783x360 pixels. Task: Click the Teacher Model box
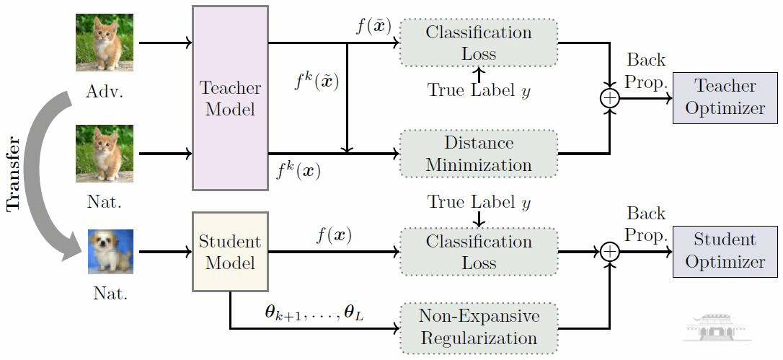[230, 98]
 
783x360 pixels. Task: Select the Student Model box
[230, 252]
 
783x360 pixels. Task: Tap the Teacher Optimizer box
[725, 97]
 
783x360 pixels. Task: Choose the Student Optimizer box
[725, 250]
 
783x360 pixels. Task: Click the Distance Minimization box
[479, 153]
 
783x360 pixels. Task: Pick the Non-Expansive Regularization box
[479, 328]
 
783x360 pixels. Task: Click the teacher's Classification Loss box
[479, 43]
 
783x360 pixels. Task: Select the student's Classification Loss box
[479, 252]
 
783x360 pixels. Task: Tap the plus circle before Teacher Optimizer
[610, 98]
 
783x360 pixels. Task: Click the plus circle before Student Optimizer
[610, 251]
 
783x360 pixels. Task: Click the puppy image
[110, 252]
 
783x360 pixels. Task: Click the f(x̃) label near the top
[373, 27]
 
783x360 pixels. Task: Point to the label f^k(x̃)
[317, 82]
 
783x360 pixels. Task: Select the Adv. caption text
[105, 92]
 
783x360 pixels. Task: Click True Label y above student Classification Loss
[479, 203]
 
